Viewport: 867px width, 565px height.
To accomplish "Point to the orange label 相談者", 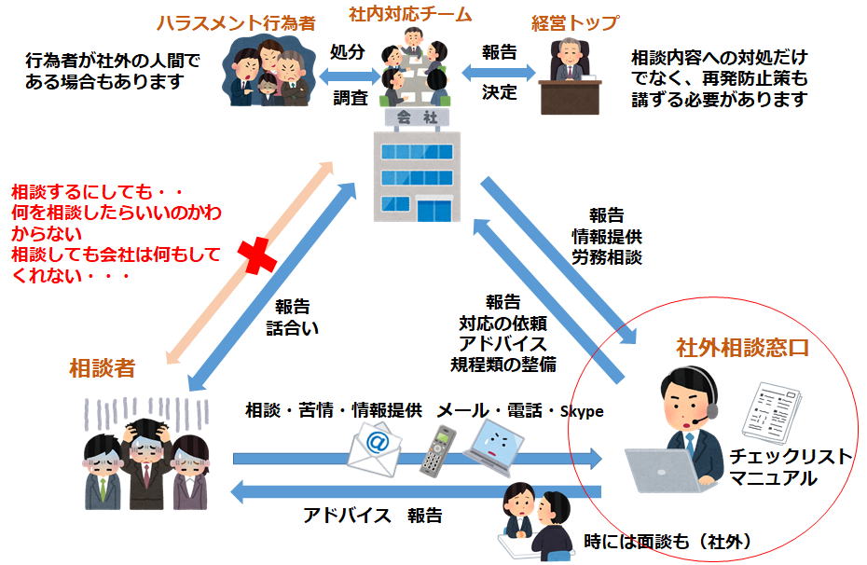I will [103, 368].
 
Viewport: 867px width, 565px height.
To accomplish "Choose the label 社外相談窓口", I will [741, 349].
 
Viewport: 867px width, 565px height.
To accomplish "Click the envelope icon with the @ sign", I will [375, 445].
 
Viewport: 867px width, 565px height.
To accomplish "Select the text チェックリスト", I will [791, 457].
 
